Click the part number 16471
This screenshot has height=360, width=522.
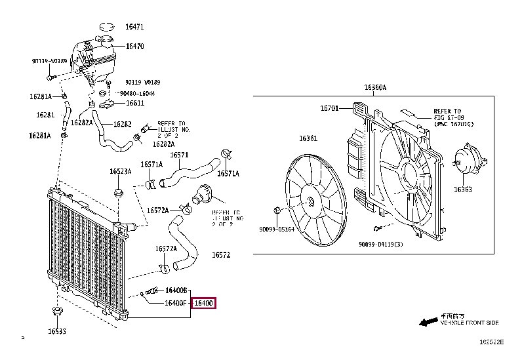click(x=134, y=27)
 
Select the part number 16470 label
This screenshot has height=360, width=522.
click(x=134, y=47)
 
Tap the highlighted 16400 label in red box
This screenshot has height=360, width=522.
click(x=204, y=304)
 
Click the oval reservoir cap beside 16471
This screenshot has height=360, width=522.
click(x=106, y=27)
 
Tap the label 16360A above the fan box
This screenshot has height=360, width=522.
click(x=375, y=87)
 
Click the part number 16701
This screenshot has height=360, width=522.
click(x=329, y=108)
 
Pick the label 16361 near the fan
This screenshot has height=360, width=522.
click(x=308, y=138)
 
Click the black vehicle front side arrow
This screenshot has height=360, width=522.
click(x=429, y=322)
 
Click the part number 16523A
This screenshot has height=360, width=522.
click(x=120, y=171)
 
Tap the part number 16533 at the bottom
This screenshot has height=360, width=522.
click(x=57, y=331)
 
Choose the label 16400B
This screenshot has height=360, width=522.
click(x=176, y=290)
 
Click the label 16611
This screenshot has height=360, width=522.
click(x=135, y=103)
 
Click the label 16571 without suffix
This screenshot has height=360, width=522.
click(x=179, y=155)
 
